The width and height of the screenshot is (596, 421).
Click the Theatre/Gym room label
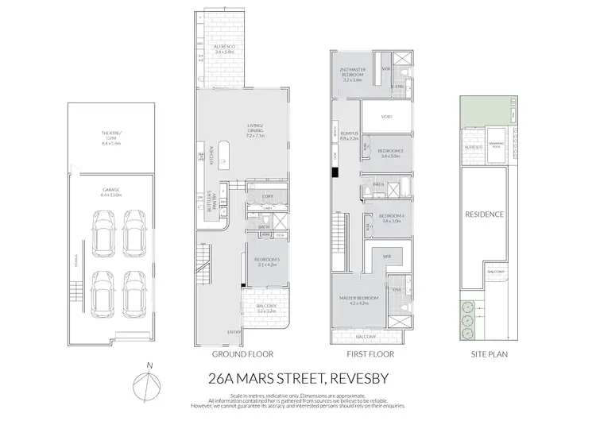coord(111,141)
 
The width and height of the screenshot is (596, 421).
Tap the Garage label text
coord(111,191)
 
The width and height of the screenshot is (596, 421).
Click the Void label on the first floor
coord(387,117)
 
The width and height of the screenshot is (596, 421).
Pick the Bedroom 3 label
coord(390,153)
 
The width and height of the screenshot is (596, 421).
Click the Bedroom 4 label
coord(391,219)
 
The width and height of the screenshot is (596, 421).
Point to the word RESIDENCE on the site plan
coord(484,214)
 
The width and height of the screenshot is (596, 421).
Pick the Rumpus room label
coord(351,136)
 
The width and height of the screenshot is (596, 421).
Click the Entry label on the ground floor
coord(236,331)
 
